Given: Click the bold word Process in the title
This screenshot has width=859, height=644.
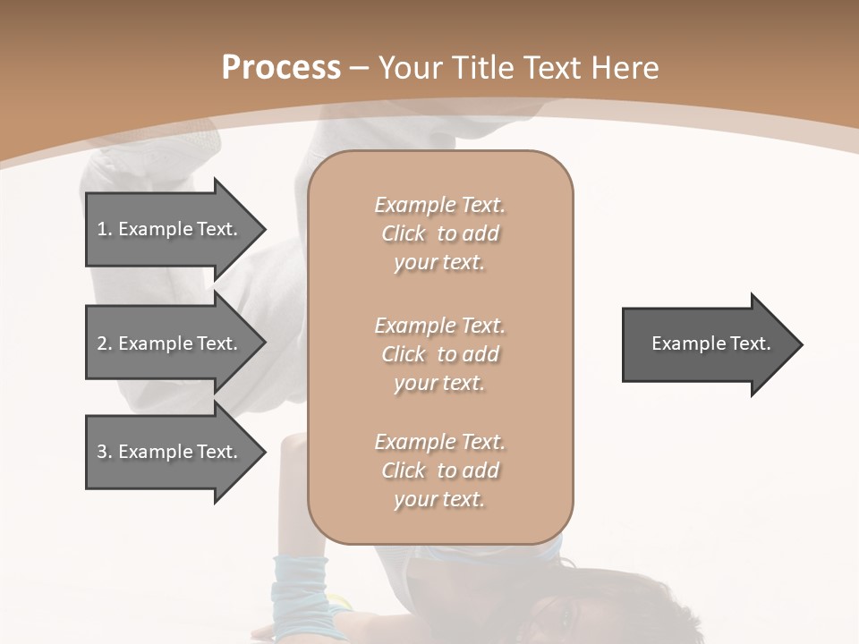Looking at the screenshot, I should click(281, 68).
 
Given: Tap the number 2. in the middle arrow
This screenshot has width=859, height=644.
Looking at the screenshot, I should click(105, 343).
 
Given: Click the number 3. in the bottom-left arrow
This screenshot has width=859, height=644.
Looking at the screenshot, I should click(105, 452).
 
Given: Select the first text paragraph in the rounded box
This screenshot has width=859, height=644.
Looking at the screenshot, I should click(439, 233).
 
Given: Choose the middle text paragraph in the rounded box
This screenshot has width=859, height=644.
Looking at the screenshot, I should click(439, 354).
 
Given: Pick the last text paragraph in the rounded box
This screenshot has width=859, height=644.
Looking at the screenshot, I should click(439, 470).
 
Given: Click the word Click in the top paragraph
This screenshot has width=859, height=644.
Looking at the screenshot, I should click(404, 233).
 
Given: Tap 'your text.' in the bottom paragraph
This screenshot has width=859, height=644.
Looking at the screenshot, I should click(439, 499).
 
